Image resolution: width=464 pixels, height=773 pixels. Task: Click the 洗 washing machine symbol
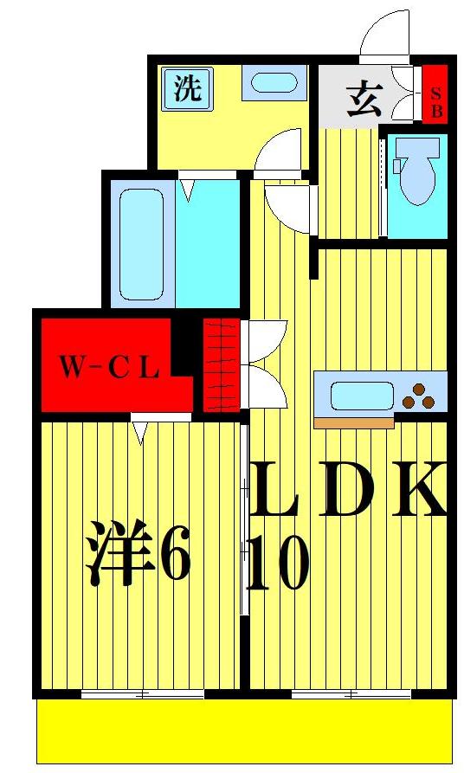pos(187,89)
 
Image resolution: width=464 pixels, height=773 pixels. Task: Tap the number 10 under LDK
pos(277,564)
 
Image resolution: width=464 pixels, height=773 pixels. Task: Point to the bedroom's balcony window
pos(143,693)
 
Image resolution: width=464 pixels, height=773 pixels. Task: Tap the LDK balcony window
pos(351,693)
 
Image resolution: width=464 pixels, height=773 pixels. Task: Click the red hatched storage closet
pos(220,364)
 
